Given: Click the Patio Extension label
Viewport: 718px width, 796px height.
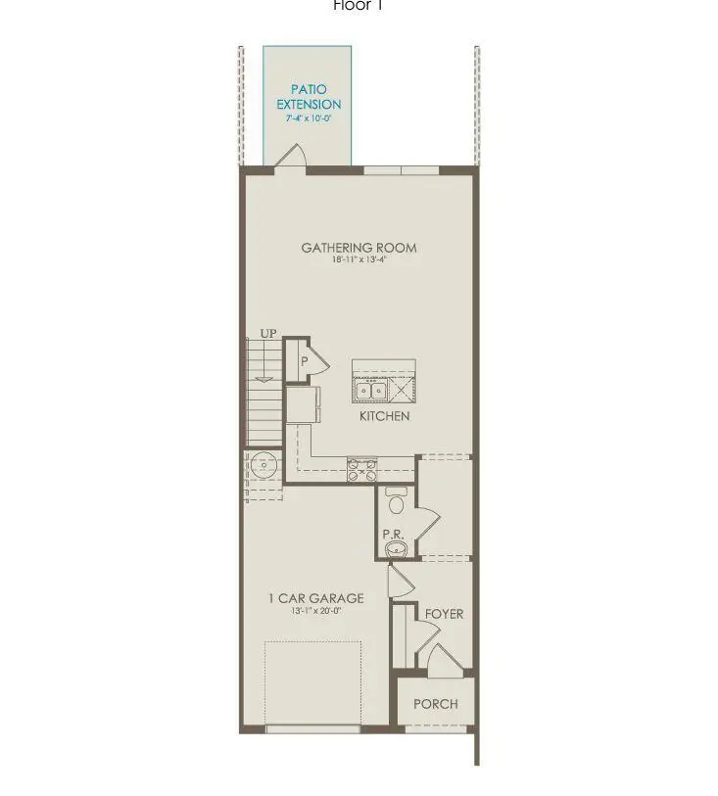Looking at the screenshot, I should pos(309,97).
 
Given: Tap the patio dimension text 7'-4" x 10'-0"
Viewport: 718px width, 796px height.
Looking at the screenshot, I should pos(308,118).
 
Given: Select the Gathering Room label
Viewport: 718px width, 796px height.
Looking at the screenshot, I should pos(359,248).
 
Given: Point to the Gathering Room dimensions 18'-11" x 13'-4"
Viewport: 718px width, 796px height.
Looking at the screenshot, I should pos(359,261).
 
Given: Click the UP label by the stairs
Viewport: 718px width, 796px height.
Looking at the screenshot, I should pos(268,335).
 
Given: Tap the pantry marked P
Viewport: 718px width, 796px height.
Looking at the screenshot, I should pos(305,361).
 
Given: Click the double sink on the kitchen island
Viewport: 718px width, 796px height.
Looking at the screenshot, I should pos(372,391).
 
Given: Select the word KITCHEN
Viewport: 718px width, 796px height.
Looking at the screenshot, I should pos(384,416).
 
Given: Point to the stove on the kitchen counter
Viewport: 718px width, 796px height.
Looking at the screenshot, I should pos(361,470).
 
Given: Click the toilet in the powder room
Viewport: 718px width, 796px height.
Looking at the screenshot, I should pos(397,501).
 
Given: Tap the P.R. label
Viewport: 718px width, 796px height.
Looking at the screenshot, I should pos(393,535).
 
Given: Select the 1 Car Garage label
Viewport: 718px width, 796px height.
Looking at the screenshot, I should pos(315,598).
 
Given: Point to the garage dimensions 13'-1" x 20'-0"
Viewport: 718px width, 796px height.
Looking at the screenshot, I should pos(315,611).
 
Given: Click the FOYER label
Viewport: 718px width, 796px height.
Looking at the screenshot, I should pos(444,614).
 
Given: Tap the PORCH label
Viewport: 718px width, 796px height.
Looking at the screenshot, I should pos(435,704).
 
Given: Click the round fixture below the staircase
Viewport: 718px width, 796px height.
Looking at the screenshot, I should pos(263,464).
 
